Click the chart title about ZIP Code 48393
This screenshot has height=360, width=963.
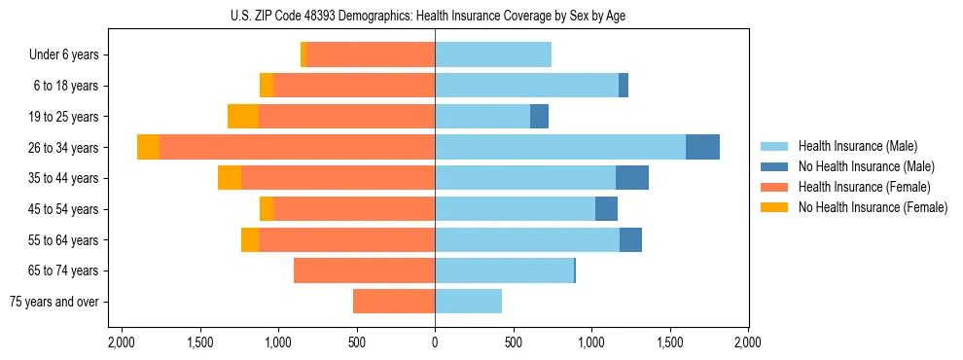435,15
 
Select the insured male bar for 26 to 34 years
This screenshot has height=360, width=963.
560,147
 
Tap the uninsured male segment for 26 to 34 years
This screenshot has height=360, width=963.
702,147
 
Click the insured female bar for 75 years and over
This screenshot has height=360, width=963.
394,302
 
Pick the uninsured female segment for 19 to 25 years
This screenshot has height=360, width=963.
243,116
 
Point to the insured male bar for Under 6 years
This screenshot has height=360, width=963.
493,54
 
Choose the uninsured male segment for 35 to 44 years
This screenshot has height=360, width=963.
632,178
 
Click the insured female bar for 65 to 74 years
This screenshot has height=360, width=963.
364,270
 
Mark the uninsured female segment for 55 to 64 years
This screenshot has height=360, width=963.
250,239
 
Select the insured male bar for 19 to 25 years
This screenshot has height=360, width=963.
482,116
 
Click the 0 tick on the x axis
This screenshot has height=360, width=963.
435,342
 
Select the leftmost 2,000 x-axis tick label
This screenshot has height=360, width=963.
121,342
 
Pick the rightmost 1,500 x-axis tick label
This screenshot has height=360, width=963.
670,342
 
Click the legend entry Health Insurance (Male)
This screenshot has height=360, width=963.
857,146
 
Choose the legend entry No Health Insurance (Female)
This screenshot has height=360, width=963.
872,207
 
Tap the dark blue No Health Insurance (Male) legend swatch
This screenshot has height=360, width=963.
775,166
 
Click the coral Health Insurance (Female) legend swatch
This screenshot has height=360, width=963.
775,187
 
